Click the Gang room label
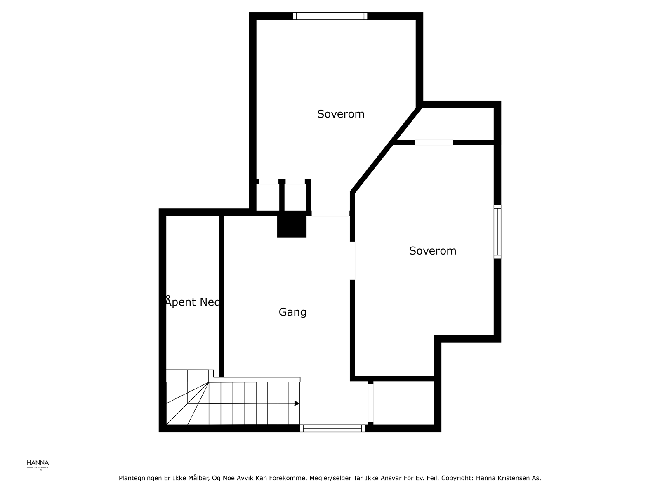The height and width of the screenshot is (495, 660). click(292, 312)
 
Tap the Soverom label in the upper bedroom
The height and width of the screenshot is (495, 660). click(341, 114)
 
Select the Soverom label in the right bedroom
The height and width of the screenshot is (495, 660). click(433, 251)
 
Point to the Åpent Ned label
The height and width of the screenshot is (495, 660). click(192, 302)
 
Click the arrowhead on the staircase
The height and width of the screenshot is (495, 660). click(297, 403)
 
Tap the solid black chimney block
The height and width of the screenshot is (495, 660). click(292, 225)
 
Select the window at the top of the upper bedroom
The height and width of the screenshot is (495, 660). click(330, 16)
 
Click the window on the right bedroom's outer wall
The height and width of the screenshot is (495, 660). click(497, 232)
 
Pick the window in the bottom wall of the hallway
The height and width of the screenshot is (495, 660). click(332, 429)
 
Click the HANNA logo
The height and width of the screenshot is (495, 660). click(38, 464)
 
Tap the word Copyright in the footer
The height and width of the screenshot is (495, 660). click(457, 478)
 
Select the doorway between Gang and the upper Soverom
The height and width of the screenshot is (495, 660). click(330, 215)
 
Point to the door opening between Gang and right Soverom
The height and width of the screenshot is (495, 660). click(353, 261)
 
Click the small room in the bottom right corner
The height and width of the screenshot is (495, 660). click(403, 403)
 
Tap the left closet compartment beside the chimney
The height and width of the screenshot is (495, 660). click(268, 197)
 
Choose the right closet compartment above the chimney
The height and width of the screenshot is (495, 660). click(295, 197)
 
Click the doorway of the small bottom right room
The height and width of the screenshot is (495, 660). click(370, 403)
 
